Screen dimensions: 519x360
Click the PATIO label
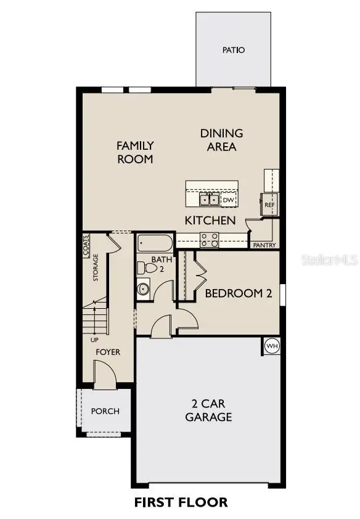[x=234, y=50]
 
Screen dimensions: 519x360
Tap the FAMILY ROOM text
[x=135, y=152]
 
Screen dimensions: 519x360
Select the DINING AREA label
[x=222, y=140]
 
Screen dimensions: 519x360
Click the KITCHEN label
[x=210, y=220]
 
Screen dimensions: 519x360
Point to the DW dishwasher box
[x=228, y=200]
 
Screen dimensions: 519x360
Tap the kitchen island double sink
[x=208, y=199]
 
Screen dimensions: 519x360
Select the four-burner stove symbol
[x=210, y=240]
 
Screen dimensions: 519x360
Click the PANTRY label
[x=264, y=245]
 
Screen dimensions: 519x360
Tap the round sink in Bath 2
[x=143, y=288]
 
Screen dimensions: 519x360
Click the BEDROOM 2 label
[x=238, y=293]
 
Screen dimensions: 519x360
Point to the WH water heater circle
[x=272, y=346]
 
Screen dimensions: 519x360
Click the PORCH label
[x=105, y=411]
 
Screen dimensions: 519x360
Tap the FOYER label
[x=108, y=352]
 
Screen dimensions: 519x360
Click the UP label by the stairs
[x=94, y=340]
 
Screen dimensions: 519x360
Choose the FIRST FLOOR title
[x=181, y=502]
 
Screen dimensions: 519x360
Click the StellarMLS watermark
[x=329, y=260]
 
